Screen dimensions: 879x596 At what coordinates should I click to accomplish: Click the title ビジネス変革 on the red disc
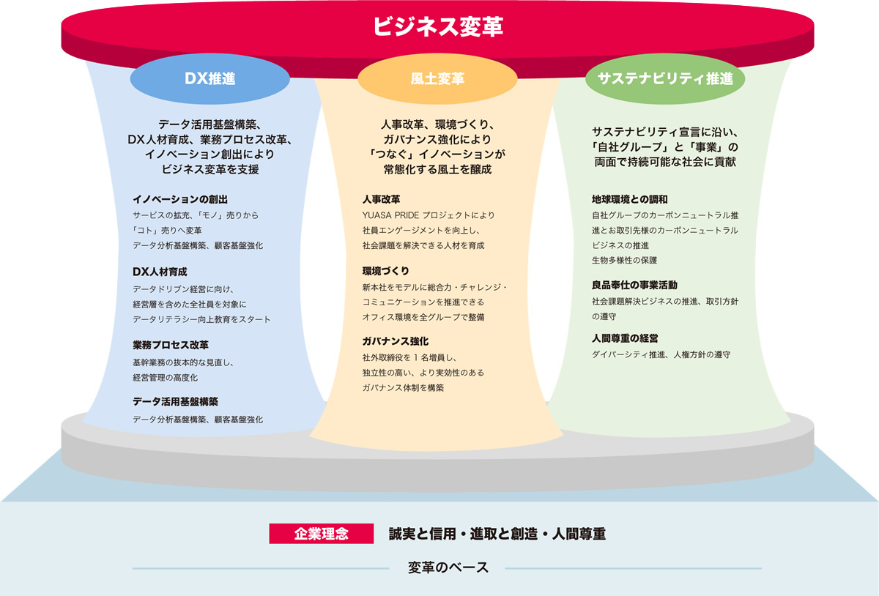[x=437, y=26]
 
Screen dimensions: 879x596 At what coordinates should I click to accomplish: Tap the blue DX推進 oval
[x=210, y=79]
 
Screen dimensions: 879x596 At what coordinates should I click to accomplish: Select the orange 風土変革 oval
[x=437, y=79]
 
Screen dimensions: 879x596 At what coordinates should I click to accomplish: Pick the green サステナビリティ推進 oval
[x=665, y=79]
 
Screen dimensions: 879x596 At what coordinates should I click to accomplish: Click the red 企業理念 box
[x=322, y=534]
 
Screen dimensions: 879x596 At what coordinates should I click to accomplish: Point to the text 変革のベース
[x=448, y=567]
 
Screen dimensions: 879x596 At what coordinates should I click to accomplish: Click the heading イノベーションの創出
[x=180, y=199]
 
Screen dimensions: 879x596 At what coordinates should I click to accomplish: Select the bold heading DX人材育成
[x=160, y=272]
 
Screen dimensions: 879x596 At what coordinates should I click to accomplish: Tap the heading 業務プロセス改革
[x=171, y=345]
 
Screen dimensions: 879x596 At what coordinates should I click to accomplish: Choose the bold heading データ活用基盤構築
[x=175, y=401]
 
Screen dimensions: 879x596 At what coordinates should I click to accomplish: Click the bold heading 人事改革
[x=382, y=199]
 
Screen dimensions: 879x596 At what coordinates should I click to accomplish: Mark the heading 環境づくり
[x=386, y=271]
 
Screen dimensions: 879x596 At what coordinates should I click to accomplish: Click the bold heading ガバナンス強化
[x=396, y=341]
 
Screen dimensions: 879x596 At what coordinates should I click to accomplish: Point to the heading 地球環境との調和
[x=630, y=199]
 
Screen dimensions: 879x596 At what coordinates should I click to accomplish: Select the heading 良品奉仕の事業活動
[x=634, y=285]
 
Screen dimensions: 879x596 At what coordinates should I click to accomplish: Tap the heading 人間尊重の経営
[x=625, y=338]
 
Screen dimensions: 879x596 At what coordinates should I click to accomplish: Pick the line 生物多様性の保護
[x=624, y=260]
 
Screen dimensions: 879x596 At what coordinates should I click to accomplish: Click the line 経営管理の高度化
[x=166, y=378]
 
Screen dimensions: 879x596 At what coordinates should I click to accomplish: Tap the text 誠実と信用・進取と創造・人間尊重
[x=497, y=534]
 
